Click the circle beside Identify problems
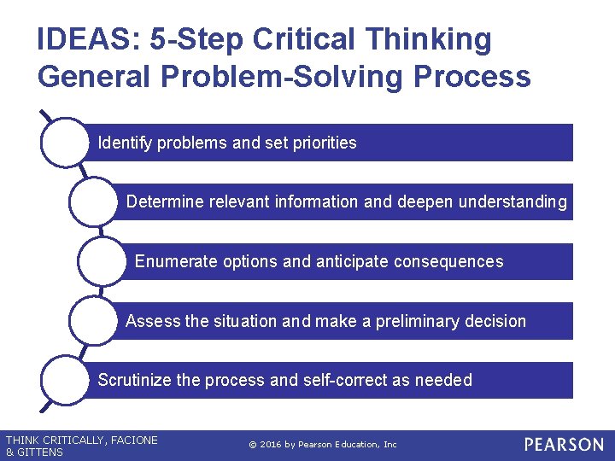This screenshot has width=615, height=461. [64, 143]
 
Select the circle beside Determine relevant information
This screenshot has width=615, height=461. [93, 202]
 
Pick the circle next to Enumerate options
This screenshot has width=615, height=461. [102, 261]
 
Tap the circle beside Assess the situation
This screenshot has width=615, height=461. [93, 321]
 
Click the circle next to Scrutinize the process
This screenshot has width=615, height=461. [64, 380]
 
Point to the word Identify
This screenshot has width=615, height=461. [126, 143]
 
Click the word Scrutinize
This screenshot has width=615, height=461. [134, 380]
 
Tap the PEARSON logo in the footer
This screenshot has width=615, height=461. [564, 445]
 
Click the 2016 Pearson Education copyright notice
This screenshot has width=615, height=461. [323, 445]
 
